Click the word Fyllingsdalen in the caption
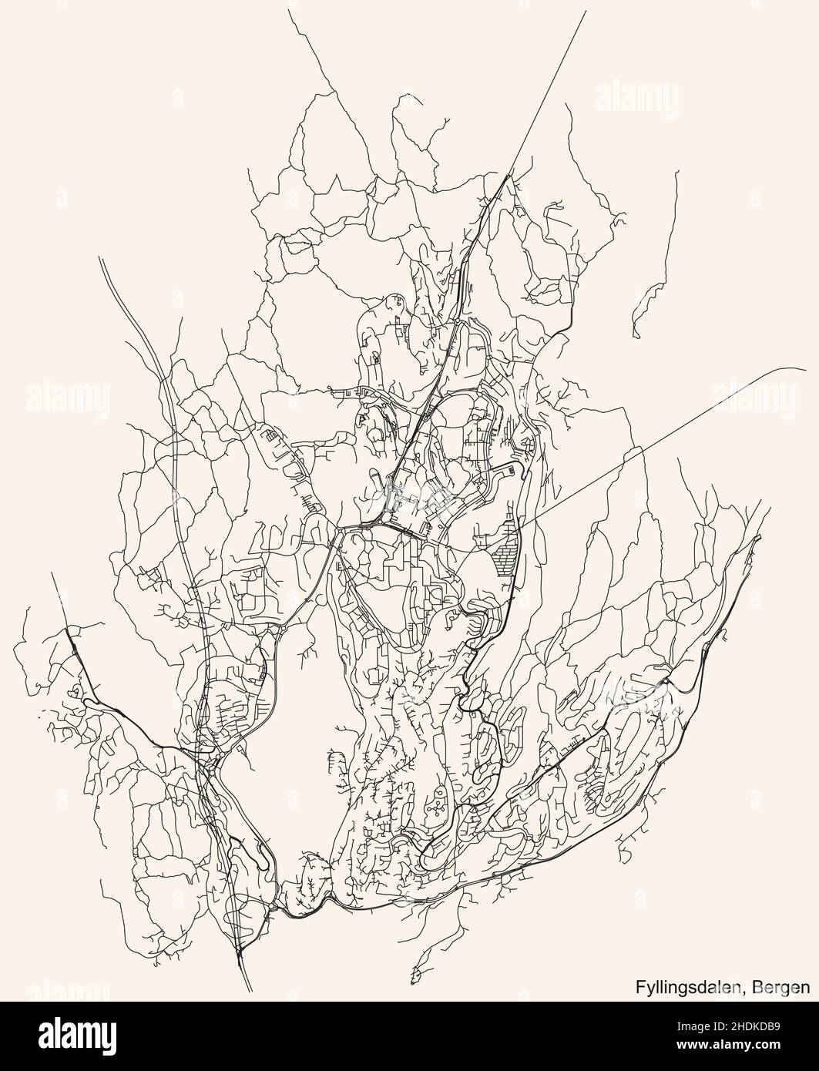(684, 987)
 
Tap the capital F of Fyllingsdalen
(639, 986)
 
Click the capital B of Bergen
(760, 986)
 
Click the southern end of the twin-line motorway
(250, 990)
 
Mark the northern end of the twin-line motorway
(101, 259)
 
